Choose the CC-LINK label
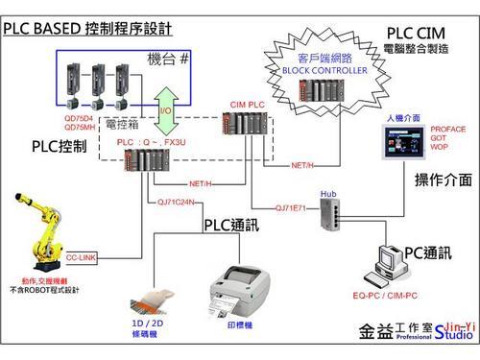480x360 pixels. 82,257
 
